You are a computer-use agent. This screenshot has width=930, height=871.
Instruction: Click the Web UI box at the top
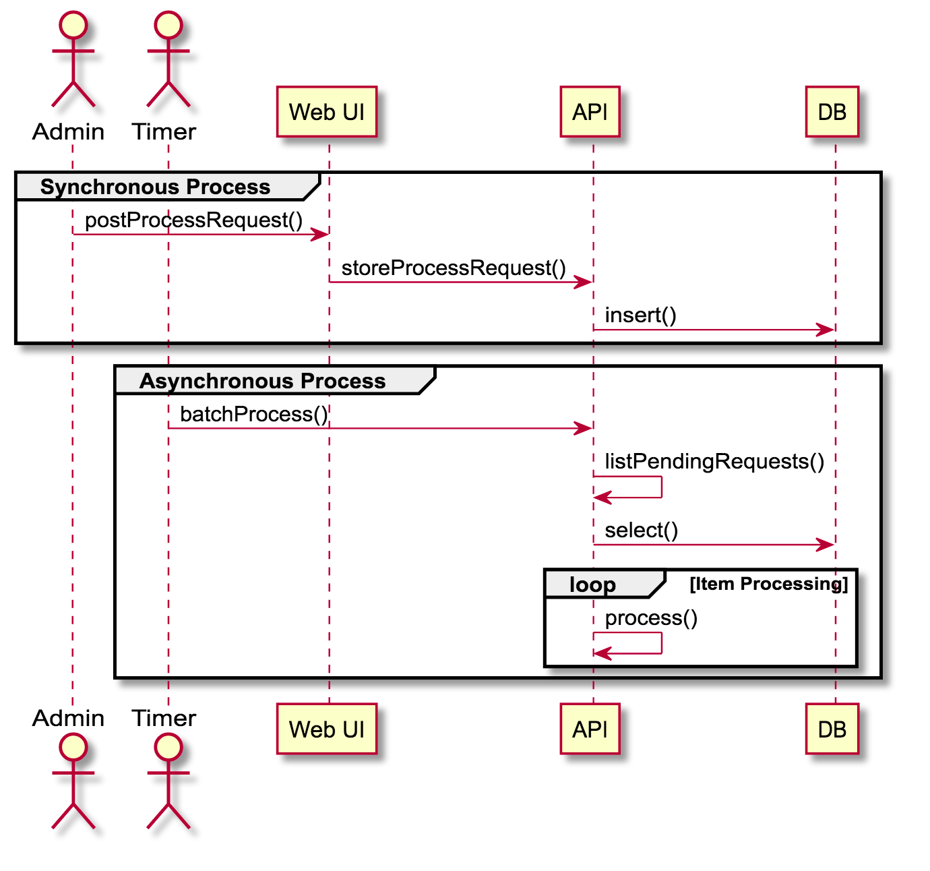[x=327, y=112]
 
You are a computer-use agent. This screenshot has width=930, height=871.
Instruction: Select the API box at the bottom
[x=590, y=729]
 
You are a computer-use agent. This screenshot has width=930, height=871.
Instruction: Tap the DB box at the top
[x=832, y=112]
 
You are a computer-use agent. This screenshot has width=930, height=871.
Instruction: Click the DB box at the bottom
[x=832, y=729]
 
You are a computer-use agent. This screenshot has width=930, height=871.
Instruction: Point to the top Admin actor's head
[x=73, y=25]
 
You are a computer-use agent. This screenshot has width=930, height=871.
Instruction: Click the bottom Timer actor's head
[x=168, y=747]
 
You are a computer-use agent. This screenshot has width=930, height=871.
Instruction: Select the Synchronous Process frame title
[x=155, y=187]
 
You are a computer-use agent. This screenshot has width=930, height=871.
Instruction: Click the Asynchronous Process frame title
[x=262, y=381]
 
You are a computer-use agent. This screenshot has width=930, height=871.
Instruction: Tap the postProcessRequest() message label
[x=193, y=220]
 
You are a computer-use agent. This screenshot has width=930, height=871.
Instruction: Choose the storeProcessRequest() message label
[x=454, y=268]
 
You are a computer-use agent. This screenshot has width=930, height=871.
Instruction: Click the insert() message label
[x=640, y=315]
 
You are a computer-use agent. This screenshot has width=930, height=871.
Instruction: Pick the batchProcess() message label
[x=253, y=414]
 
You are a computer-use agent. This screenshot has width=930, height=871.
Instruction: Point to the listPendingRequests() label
[x=714, y=461]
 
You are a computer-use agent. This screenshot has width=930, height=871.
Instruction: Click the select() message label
[x=641, y=530]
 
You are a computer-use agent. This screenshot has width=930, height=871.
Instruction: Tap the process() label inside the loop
[x=651, y=618]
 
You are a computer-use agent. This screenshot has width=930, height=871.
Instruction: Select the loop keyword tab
[x=592, y=584]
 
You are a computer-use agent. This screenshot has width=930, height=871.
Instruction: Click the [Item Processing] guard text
[x=768, y=584]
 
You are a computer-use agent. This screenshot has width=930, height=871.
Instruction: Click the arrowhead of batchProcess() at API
[x=584, y=428]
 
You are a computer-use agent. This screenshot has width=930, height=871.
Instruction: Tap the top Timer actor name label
[x=164, y=131]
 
